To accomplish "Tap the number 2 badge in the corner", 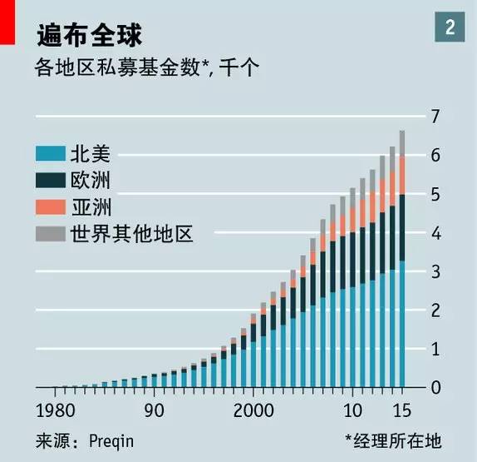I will [x=450, y=27].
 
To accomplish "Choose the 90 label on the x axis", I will [x=155, y=410].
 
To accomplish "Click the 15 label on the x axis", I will [x=401, y=410].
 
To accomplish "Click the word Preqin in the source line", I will [x=111, y=440].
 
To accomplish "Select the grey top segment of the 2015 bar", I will [x=402, y=142].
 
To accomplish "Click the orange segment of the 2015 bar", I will [x=402, y=175].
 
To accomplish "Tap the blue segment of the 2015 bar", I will [x=402, y=324].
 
